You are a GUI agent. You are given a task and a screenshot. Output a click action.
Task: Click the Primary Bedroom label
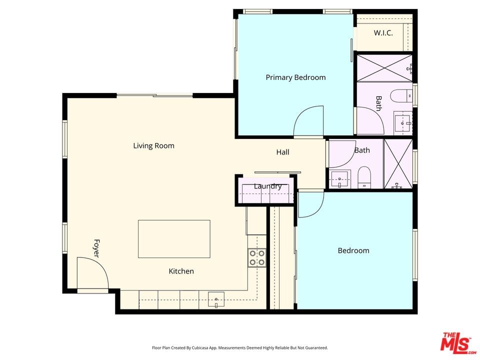295,77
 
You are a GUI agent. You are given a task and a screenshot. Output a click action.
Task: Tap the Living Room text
153,145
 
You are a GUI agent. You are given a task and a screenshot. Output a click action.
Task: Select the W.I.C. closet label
383,33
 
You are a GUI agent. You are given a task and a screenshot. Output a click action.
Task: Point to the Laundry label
267,186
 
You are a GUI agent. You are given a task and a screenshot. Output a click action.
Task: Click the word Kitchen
181,271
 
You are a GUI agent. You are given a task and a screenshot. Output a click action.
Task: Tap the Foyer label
96,248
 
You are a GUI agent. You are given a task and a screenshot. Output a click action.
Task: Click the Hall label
282,152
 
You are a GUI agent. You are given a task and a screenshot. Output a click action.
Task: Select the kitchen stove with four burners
256,258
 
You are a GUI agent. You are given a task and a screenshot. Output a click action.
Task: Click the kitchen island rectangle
174,239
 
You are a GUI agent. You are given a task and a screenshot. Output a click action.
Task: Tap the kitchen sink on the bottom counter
216,299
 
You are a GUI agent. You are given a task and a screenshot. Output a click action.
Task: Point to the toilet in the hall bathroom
364,177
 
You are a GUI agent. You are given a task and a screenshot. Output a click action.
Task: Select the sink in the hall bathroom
339,179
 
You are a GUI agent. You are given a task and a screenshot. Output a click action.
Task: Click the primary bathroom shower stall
385,68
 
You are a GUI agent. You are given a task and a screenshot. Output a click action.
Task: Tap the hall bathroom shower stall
398,164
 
